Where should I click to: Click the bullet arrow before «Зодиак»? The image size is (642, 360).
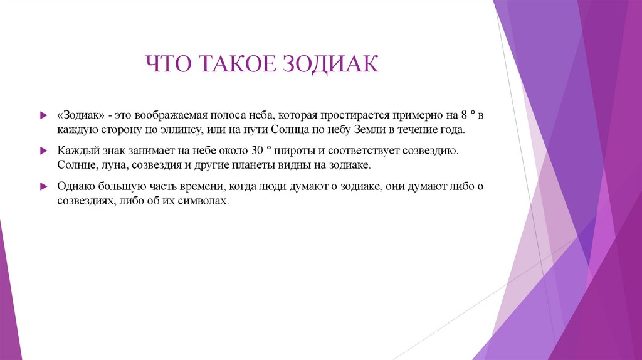coord(43,116)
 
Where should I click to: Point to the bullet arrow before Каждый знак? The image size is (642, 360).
coord(43,152)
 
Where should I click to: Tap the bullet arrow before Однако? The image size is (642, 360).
coord(43,187)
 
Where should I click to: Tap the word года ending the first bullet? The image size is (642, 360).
coord(453,130)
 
